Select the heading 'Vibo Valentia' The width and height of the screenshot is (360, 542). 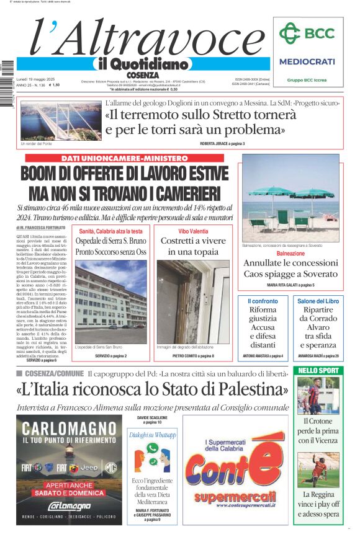[192, 231]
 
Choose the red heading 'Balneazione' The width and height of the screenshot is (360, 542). [290, 254]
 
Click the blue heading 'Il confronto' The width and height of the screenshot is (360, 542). [263, 301]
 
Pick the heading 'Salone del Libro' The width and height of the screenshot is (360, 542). [318, 301]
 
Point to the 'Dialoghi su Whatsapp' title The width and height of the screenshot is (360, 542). [153, 435]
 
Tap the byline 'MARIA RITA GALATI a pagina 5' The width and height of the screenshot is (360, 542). [290, 285]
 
